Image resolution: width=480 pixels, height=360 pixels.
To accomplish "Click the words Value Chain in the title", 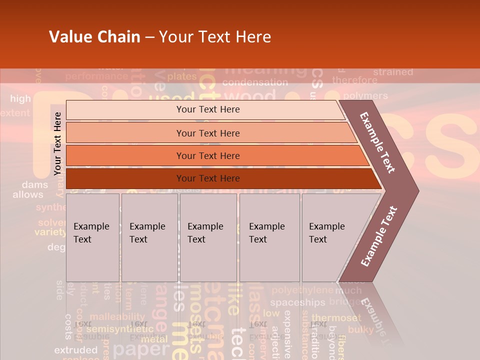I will click(x=94, y=37).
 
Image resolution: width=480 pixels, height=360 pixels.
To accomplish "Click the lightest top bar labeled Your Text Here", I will click(x=207, y=109).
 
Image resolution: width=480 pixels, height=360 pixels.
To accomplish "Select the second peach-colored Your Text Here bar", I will click(x=207, y=133).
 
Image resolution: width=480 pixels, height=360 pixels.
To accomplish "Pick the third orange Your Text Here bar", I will click(x=207, y=155).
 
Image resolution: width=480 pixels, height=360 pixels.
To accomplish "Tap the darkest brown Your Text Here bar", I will click(x=207, y=178).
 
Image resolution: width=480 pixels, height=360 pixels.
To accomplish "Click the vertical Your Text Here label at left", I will click(x=57, y=143).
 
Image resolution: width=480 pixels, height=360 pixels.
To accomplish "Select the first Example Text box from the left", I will click(x=92, y=237).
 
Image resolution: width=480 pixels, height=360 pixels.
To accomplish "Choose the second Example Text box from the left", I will click(x=149, y=237).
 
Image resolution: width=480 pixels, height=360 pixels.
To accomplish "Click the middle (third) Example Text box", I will click(x=208, y=237).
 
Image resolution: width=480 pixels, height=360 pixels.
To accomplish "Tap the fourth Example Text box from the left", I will click(x=269, y=237).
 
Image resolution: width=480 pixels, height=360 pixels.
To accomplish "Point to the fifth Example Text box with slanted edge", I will click(x=330, y=237).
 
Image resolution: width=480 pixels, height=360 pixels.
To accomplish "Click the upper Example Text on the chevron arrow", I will click(x=377, y=142).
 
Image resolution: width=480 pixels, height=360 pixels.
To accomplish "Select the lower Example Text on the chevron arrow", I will click(x=378, y=236).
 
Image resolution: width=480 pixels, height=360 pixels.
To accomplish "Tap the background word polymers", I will click(x=365, y=95).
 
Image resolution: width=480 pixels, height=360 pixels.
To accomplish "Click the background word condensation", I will click(x=255, y=82).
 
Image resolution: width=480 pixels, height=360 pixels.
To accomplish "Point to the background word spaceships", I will click(x=297, y=302).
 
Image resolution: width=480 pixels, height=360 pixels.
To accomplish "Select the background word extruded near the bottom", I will click(x=75, y=350).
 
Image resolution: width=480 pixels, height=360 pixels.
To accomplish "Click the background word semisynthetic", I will click(x=120, y=329).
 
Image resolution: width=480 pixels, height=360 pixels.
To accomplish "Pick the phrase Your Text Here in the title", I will click(x=215, y=37).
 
